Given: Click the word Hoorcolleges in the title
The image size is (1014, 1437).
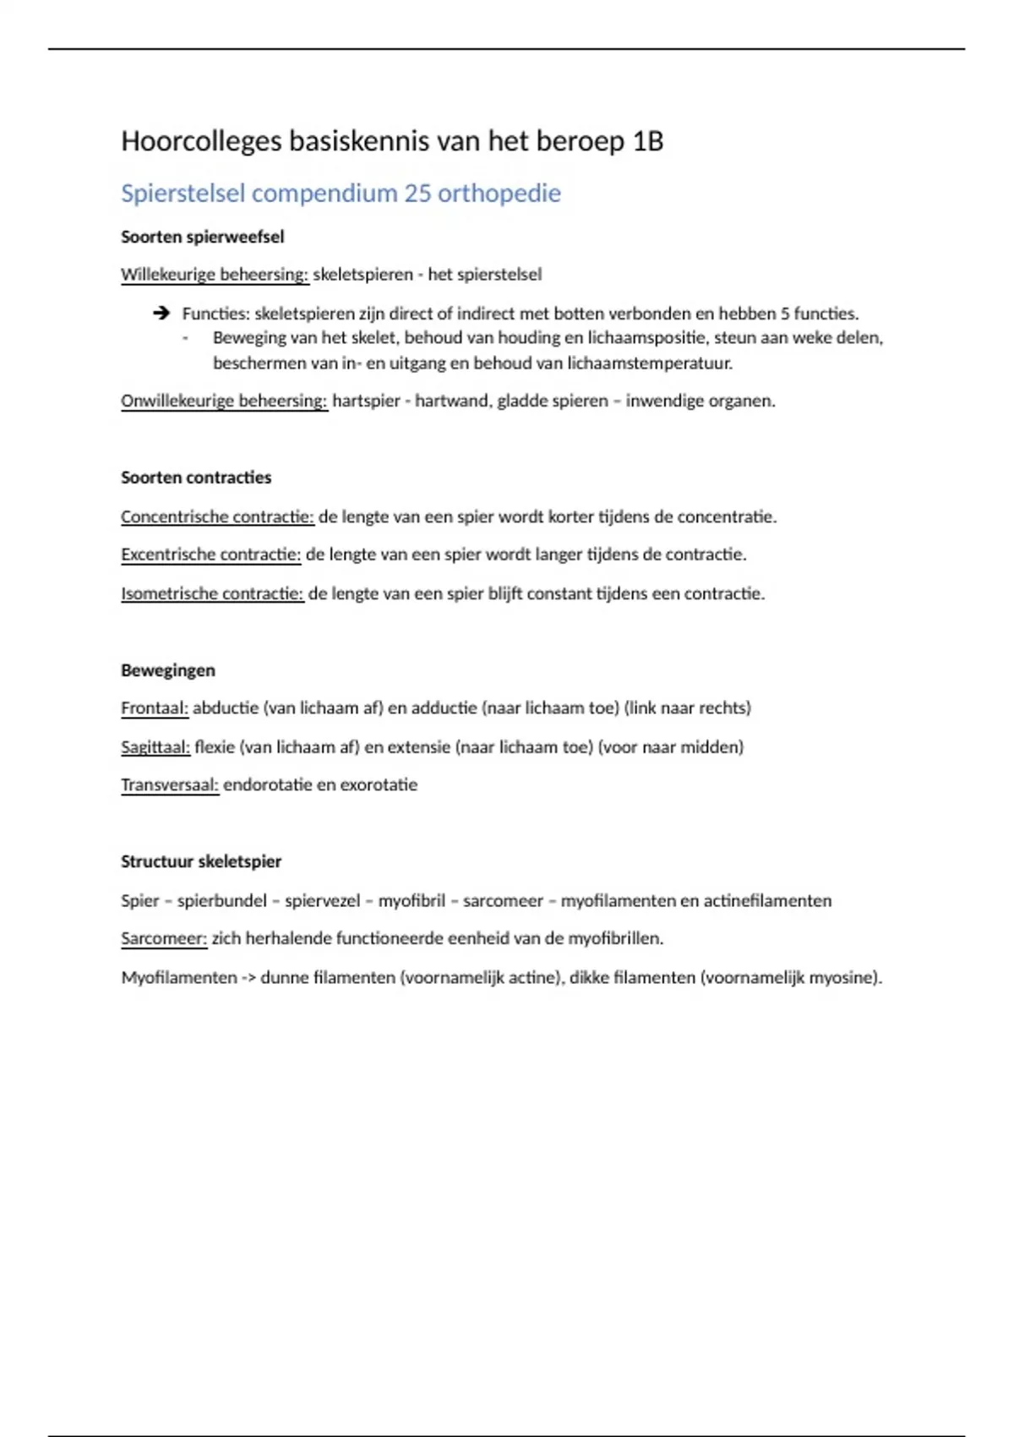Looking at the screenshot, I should tap(201, 141).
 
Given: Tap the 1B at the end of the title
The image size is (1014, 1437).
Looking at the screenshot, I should tap(647, 141).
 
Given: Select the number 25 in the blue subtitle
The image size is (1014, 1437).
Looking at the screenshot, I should tap(417, 194).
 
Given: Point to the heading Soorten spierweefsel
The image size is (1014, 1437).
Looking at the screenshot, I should tap(202, 238).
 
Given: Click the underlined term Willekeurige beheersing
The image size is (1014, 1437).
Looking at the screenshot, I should tap(215, 275).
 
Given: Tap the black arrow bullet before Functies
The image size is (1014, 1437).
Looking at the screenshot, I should tap(161, 314).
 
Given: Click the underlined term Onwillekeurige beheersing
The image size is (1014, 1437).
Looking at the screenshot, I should tap(224, 401).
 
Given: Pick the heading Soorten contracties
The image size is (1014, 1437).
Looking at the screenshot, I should tap(196, 478).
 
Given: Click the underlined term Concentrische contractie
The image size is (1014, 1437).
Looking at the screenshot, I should tap(217, 516).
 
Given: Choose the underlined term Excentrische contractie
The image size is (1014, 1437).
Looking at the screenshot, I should tap(210, 555).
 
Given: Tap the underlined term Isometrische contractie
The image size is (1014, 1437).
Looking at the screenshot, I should tap(212, 594).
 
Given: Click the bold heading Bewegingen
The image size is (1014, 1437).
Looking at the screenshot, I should tap(168, 671).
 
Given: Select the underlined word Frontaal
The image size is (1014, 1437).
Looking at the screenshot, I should tap(155, 708).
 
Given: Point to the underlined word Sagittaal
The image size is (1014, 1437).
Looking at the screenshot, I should tap(155, 747).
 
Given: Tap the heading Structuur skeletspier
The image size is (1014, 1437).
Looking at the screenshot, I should tap(201, 862).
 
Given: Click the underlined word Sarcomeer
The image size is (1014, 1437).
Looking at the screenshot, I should tap(164, 939).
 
